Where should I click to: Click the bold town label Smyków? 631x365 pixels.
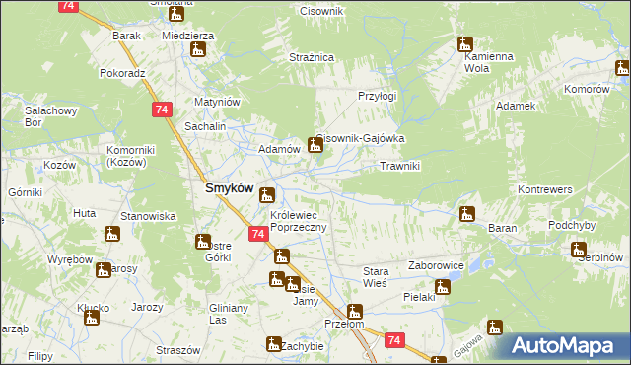(229, 188)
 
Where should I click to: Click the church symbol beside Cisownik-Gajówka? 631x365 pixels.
(315, 146)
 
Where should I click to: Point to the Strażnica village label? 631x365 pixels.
(312, 58)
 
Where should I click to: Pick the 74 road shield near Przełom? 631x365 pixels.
(394, 340)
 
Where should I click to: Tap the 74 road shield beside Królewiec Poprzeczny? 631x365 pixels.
(256, 234)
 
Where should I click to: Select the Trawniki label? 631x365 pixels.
(400, 167)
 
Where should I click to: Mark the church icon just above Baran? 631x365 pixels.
(466, 213)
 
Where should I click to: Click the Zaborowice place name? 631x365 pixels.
(437, 266)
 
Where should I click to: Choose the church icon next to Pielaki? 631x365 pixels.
(442, 288)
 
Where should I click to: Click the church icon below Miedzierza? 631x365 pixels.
(198, 49)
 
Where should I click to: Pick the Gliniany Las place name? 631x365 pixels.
(227, 314)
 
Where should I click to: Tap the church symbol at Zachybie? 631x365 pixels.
(273, 343)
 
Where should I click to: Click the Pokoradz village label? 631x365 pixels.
(122, 73)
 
